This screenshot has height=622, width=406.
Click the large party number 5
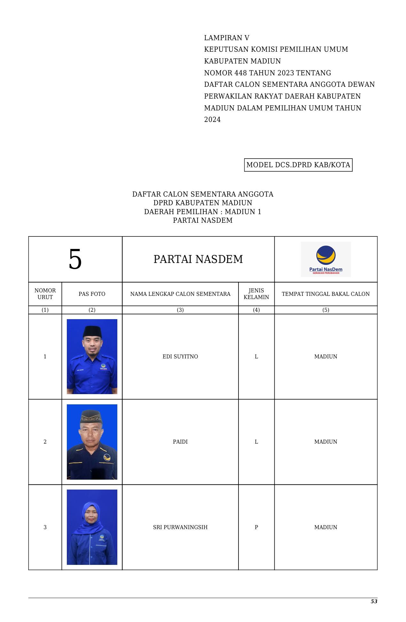(x=75, y=259)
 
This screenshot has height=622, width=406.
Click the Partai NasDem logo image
(x=325, y=259)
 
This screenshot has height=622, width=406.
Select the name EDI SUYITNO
(x=180, y=356)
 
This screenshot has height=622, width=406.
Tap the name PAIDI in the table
(x=180, y=442)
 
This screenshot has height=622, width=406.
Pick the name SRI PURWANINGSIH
(x=180, y=527)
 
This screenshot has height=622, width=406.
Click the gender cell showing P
(x=256, y=527)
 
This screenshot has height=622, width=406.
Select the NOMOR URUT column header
(x=45, y=294)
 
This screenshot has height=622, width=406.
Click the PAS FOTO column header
(x=92, y=294)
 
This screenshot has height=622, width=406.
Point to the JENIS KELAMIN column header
(x=256, y=294)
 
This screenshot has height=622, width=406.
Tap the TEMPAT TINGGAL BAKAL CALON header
(x=325, y=294)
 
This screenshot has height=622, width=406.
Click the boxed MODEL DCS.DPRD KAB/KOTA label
(x=298, y=165)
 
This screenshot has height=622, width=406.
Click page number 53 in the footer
(x=374, y=601)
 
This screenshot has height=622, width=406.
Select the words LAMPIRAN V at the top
(x=227, y=38)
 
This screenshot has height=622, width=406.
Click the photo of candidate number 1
(x=92, y=356)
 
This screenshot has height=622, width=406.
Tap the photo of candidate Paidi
(x=92, y=442)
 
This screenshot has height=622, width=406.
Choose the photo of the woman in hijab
(x=92, y=527)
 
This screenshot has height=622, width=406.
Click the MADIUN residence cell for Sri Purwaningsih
(x=325, y=527)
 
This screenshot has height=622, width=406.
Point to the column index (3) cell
(x=180, y=310)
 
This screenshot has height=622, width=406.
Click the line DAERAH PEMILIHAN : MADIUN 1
(x=202, y=212)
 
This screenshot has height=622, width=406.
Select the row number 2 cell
(x=45, y=442)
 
